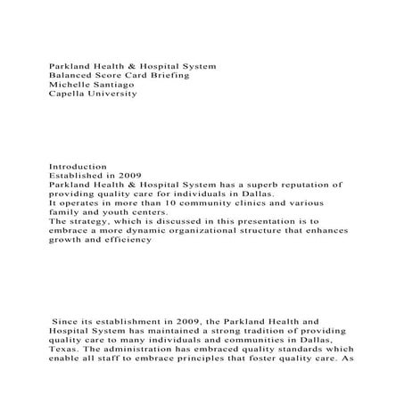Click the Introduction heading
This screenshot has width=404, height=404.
point(78,166)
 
